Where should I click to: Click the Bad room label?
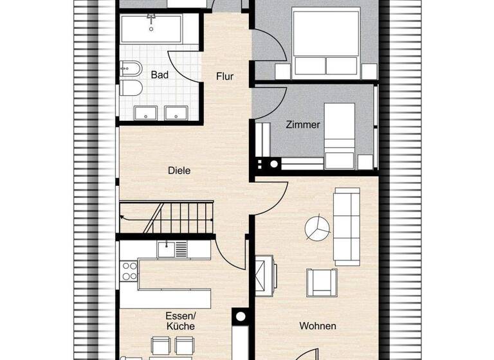click(160, 75)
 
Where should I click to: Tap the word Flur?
click(224, 76)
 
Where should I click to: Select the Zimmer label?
click(302, 125)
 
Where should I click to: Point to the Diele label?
click(179, 171)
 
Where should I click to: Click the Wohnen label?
click(318, 326)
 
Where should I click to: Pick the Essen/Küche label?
click(179, 321)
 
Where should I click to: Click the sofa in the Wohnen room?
click(347, 226)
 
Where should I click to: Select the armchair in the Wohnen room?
click(321, 281)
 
